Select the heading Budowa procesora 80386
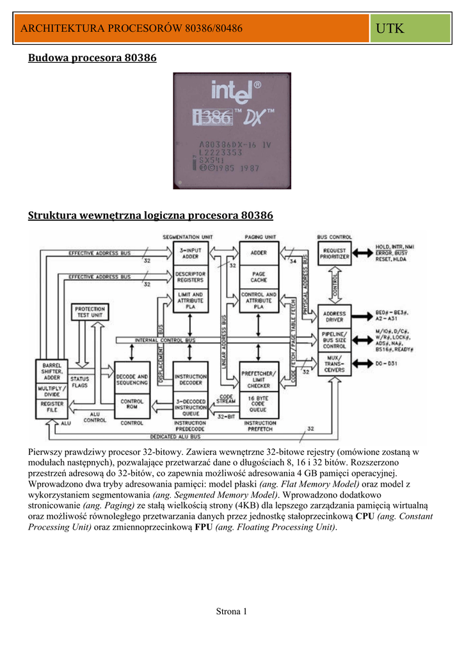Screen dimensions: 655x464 (x=92, y=59)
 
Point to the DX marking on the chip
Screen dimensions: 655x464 (x=257, y=118)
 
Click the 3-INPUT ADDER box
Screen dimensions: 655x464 (x=190, y=253)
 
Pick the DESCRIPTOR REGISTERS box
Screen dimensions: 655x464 (x=190, y=277)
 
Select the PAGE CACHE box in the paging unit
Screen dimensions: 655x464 (x=259, y=277)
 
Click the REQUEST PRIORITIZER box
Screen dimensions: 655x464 (x=335, y=253)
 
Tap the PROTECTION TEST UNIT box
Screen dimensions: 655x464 (x=90, y=312)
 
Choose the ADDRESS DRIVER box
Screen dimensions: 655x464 (x=335, y=315)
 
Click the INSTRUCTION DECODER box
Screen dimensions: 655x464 (x=190, y=381)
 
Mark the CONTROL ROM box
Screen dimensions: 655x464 (x=132, y=405)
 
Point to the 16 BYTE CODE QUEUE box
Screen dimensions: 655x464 (x=259, y=405)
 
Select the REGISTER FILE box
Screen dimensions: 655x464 (x=52, y=407)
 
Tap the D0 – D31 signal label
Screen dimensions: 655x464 (x=386, y=364)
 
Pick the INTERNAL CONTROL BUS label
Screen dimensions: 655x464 (x=165, y=340)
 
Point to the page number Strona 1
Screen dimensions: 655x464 (x=232, y=612)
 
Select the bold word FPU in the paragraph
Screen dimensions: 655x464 (x=204, y=527)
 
